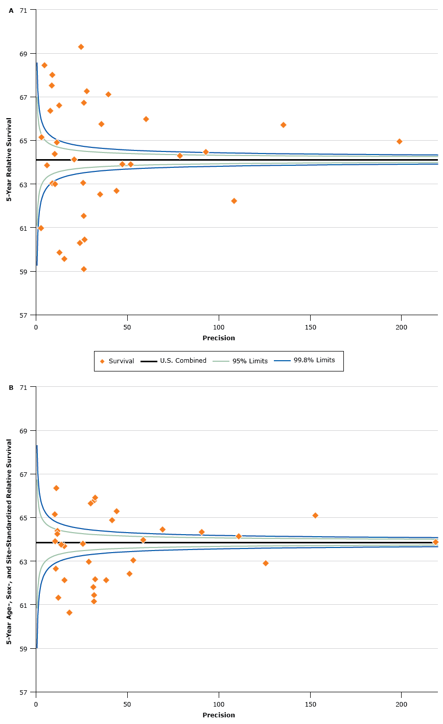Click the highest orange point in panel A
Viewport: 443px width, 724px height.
coord(81,47)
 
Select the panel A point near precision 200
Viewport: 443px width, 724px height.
coord(399,141)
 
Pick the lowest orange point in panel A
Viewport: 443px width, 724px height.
coord(84,269)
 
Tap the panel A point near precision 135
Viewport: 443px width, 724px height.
coord(283,125)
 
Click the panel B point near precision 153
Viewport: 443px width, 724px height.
coord(315,515)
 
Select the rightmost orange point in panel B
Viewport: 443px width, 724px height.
coord(435,542)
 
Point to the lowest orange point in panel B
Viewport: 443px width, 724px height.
coord(69,612)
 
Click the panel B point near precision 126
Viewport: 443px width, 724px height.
coord(265,563)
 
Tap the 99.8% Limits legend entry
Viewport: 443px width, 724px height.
coord(314,361)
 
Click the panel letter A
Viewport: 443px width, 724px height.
coord(11,10)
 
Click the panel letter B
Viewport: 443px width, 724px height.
coord(11,387)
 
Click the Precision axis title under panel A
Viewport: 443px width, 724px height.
coord(219,338)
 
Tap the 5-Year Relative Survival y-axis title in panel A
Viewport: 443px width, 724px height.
coord(9,160)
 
